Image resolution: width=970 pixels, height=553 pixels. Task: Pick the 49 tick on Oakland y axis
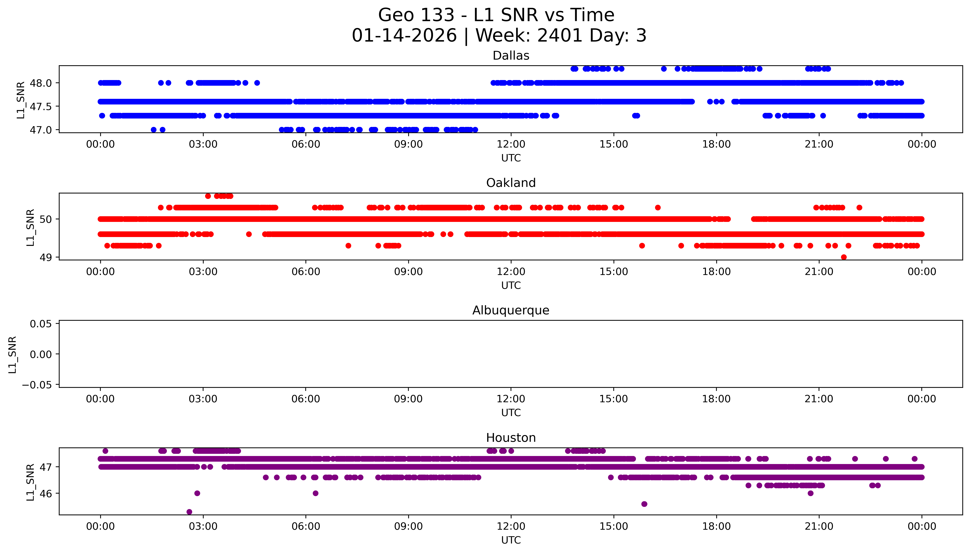pos(46,257)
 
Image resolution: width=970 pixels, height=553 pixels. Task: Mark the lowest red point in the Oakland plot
pos(844,257)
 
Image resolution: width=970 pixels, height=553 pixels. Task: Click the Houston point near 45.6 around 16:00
pos(644,504)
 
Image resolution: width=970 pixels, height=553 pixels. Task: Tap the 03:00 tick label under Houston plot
pos(203,526)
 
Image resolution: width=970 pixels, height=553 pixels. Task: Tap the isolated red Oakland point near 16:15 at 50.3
pos(658,207)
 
